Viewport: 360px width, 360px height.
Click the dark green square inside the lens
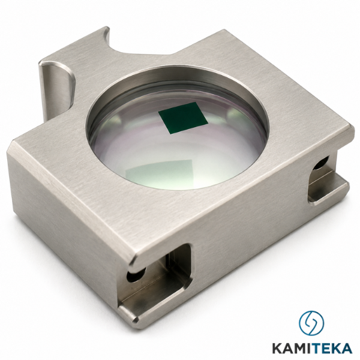(183, 118)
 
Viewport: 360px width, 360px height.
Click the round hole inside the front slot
(136, 275)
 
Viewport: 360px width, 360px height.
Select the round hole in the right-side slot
(322, 163)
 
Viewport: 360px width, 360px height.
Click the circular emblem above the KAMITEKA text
(311, 323)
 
